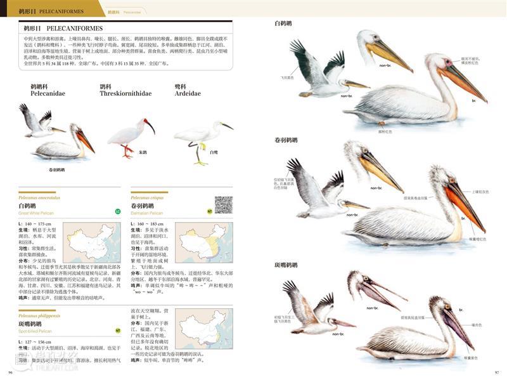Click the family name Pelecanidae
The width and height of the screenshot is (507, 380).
coord(48,93)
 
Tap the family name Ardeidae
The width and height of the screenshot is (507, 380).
coord(188,93)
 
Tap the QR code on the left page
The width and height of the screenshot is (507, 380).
coord(223,205)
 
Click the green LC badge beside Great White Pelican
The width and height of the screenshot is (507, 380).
coord(118,211)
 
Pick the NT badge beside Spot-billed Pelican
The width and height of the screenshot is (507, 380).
coord(118,330)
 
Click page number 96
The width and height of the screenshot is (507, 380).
coord(10,372)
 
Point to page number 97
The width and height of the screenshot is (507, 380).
coord(497,372)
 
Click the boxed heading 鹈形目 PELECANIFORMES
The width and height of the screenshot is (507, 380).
coord(63,29)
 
